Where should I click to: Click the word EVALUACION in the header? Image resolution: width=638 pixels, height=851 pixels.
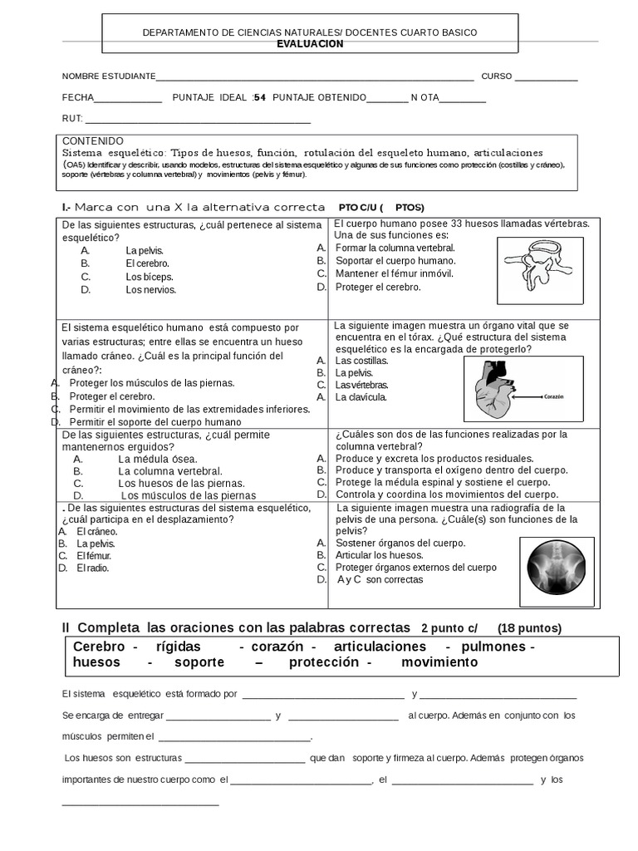[310, 44]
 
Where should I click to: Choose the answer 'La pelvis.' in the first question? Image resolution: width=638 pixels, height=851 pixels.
[145, 250]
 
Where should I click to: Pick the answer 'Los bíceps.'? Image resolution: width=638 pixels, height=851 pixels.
[150, 277]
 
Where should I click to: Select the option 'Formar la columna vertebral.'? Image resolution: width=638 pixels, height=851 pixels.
[395, 248]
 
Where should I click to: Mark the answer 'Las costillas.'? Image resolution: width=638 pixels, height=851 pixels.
[361, 361]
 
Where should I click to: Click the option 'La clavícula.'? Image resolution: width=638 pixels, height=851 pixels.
[361, 397]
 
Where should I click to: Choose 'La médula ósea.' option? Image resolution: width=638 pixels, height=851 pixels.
[158, 459]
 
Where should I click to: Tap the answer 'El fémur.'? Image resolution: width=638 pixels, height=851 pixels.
[94, 555]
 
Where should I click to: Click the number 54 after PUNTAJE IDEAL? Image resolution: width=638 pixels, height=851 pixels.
[259, 97]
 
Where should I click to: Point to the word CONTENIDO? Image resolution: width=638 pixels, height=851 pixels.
[93, 141]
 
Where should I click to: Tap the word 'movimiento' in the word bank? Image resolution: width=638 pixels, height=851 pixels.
[439, 662]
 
